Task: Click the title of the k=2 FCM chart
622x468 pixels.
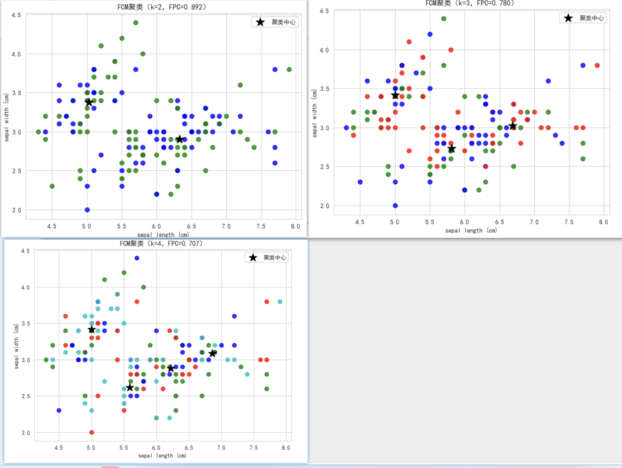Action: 162,7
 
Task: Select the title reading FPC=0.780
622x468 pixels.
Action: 469,3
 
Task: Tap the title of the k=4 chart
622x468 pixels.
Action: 161,244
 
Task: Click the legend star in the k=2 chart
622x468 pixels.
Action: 260,22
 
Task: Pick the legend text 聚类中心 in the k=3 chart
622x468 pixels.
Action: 591,18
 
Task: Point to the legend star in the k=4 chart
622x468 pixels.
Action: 253,258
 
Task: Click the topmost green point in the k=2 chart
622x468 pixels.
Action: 136,23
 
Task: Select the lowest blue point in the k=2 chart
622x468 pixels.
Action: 87,210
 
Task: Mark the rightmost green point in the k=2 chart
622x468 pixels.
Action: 289,70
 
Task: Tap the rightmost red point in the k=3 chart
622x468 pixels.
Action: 597,66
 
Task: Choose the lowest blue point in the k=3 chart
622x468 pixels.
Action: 395,206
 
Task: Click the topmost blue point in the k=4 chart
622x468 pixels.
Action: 137,258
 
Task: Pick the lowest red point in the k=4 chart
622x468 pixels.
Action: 91,432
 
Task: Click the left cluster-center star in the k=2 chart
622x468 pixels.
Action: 89,102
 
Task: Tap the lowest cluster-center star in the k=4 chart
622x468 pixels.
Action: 130,387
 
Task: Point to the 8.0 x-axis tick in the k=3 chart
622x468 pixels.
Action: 603,222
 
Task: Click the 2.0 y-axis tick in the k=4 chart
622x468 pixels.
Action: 26,433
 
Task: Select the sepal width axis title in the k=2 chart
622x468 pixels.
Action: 6,117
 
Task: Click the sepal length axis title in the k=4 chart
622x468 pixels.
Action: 162,456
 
